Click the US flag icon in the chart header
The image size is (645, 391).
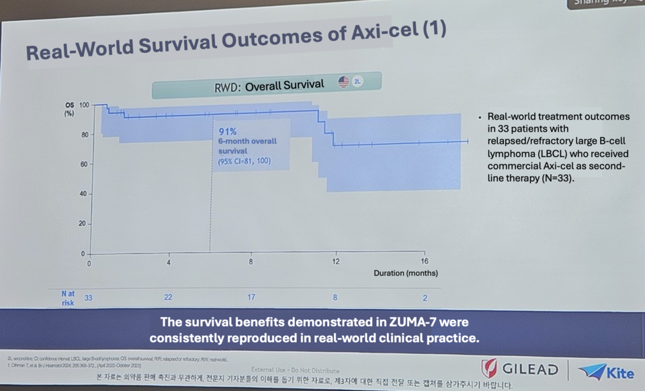click(x=343, y=81)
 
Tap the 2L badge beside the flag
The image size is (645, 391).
click(x=358, y=81)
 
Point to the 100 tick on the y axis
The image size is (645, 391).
click(x=83, y=105)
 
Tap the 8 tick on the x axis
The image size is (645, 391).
click(x=251, y=262)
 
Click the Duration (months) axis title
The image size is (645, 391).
click(x=405, y=273)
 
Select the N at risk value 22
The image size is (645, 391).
click(x=169, y=297)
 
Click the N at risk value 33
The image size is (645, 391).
click(x=88, y=296)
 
